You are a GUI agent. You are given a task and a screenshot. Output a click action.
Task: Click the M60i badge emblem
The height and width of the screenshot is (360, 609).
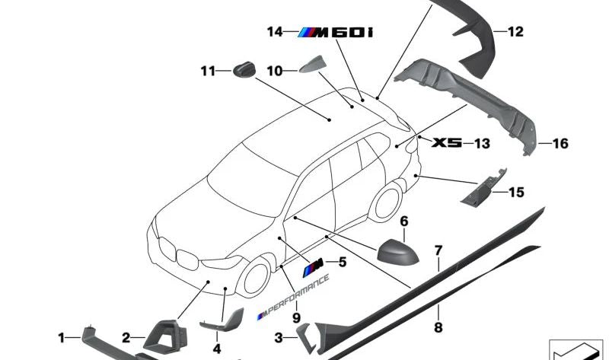tap(335, 33)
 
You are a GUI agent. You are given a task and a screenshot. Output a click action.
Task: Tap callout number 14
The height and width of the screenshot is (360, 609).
tap(275, 31)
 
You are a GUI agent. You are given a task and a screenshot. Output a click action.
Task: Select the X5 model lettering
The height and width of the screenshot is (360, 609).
tap(447, 142)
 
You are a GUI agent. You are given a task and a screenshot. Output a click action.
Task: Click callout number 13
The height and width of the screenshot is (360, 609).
tap(482, 143)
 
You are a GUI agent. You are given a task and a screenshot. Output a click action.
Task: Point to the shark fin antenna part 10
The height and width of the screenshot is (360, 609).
tap(312, 65)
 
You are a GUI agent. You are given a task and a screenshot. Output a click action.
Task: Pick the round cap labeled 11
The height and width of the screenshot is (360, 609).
tap(244, 70)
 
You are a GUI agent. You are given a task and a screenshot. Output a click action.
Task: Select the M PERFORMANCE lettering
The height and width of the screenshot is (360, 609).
tap(294, 297)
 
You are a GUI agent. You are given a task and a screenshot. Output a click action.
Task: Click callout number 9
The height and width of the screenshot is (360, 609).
tap(296, 318)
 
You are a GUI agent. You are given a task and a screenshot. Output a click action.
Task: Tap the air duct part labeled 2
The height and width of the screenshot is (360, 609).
tap(165, 336)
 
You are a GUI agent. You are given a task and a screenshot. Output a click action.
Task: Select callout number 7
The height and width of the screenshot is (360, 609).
tap(438, 250)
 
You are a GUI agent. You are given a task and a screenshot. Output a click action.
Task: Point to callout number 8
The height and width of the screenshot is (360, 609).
tap(438, 327)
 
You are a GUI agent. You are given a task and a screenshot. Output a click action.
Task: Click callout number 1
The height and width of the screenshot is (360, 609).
tap(62, 338)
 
